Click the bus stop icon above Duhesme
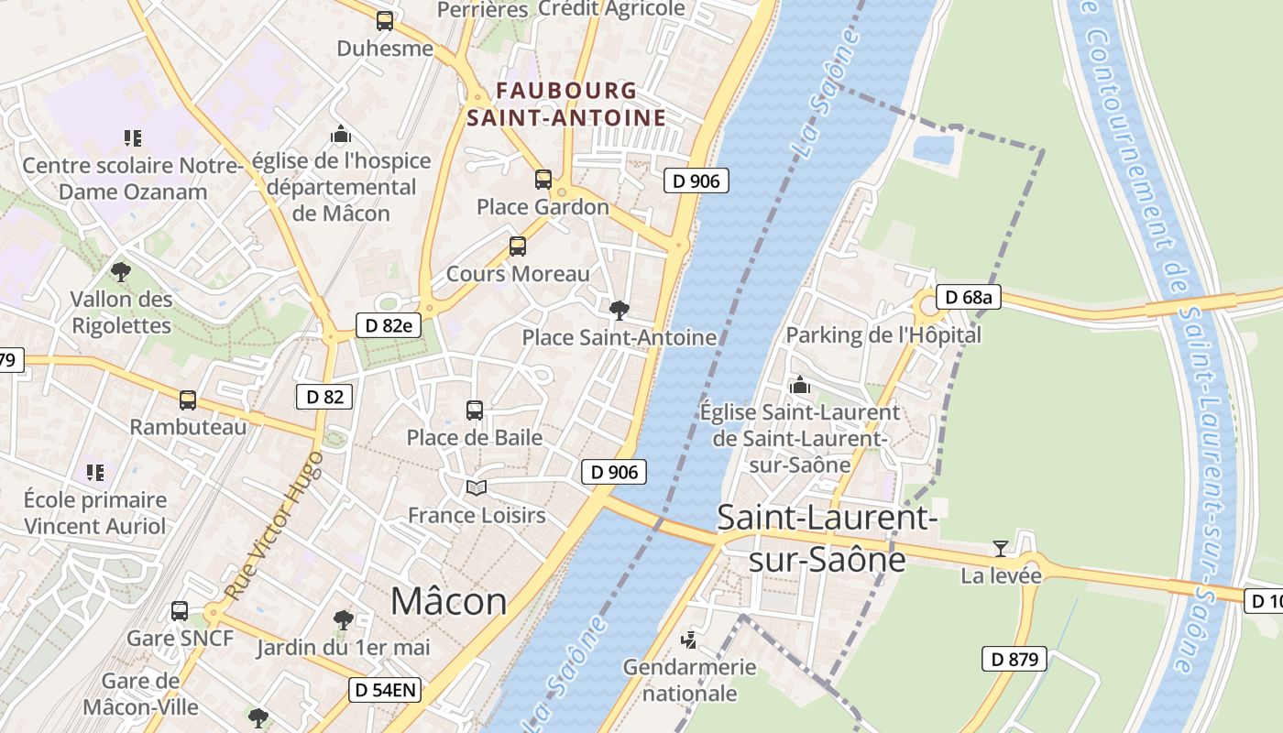pos(385,21)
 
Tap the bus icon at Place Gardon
pos(543,180)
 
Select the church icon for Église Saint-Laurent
pos(800,385)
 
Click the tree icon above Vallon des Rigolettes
pos(120,272)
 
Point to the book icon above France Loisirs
pos(476,487)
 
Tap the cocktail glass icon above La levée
pos(1000,549)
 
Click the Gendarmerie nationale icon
pos(689,640)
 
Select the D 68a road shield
pos(969,297)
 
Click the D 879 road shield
pos(1014,658)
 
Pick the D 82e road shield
pos(389,324)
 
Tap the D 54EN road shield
pos(385,690)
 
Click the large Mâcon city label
pos(448,602)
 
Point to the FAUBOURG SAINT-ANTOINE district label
pos(565,104)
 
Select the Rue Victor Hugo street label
pos(275,525)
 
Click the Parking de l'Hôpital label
pos(883,335)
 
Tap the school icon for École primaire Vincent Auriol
pos(95,473)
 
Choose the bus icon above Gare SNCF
pos(180,611)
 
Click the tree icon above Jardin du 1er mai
pos(343,620)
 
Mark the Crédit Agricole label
pos(611,9)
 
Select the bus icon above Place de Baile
pos(475,410)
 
